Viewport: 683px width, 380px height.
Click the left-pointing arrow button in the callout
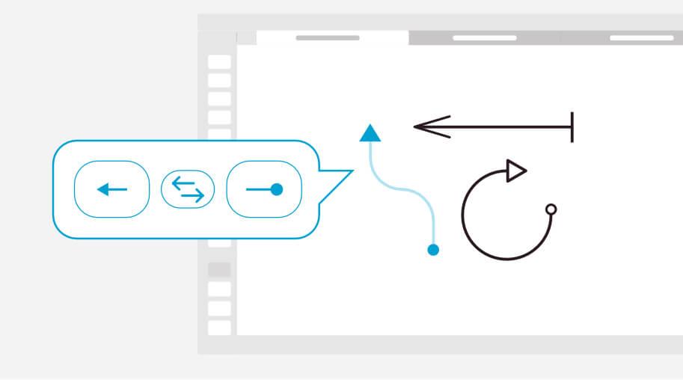point(111,189)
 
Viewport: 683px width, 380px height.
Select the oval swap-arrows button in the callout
point(188,189)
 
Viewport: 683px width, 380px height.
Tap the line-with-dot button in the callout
point(263,189)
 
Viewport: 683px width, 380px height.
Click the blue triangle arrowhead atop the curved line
point(370,134)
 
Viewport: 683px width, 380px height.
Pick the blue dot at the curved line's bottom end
point(432,250)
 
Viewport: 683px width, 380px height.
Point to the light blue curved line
point(405,191)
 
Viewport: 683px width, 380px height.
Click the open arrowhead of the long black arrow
point(430,126)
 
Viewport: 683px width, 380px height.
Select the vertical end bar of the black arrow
point(572,126)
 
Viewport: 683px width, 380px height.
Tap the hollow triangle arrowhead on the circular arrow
point(515,171)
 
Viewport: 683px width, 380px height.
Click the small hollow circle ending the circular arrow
point(551,209)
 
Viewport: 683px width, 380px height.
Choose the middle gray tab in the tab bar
point(484,37)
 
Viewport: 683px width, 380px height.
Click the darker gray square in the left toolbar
point(218,269)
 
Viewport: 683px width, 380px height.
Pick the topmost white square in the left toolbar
point(218,62)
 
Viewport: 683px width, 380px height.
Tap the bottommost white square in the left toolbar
point(218,327)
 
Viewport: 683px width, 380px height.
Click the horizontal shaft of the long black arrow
point(509,126)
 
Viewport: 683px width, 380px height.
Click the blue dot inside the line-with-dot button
point(276,189)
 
